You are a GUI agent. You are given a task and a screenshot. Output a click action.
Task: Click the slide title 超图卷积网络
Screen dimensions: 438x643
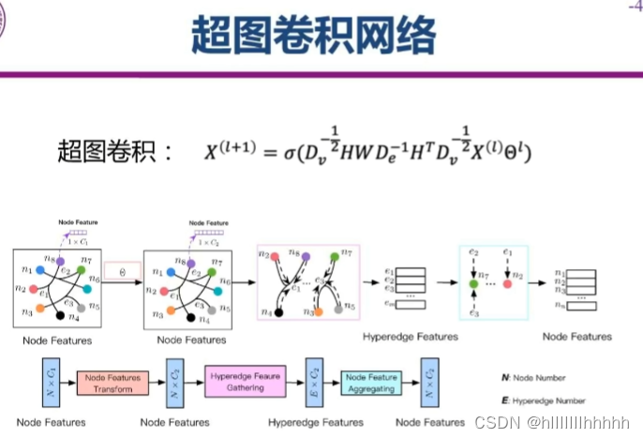pos(314,37)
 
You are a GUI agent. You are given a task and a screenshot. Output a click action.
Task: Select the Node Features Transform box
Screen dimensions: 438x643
pos(113,383)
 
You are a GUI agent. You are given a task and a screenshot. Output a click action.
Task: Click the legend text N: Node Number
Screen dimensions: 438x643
pos(535,377)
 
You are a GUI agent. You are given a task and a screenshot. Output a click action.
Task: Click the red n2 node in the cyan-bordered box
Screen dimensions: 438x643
pos(507,282)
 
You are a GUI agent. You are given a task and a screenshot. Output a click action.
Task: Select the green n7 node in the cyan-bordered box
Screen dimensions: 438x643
pos(475,282)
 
